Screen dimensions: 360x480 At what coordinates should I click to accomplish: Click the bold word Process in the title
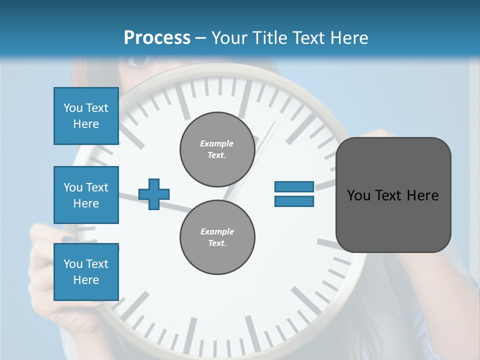(157, 38)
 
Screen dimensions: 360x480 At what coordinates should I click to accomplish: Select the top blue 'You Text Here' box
(86, 116)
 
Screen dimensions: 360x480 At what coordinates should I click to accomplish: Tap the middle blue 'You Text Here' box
(86, 195)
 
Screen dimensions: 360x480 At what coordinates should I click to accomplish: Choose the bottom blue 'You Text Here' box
(86, 271)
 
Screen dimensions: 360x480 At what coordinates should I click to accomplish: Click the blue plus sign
(154, 194)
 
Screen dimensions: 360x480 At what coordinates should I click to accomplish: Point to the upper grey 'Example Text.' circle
(217, 149)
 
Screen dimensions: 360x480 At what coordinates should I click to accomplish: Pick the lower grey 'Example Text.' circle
(217, 237)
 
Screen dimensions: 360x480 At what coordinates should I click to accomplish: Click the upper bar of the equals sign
(294, 187)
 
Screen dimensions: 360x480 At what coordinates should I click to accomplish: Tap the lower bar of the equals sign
(294, 201)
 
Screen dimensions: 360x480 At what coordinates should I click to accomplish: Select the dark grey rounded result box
(393, 195)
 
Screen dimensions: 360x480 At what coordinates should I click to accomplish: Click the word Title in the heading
(270, 38)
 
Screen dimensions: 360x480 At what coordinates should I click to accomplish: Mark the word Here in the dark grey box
(422, 195)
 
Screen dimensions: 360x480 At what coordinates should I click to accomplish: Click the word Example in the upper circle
(217, 143)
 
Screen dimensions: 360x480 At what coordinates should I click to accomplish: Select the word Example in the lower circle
(217, 231)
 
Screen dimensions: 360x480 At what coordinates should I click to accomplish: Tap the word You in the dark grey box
(358, 195)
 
